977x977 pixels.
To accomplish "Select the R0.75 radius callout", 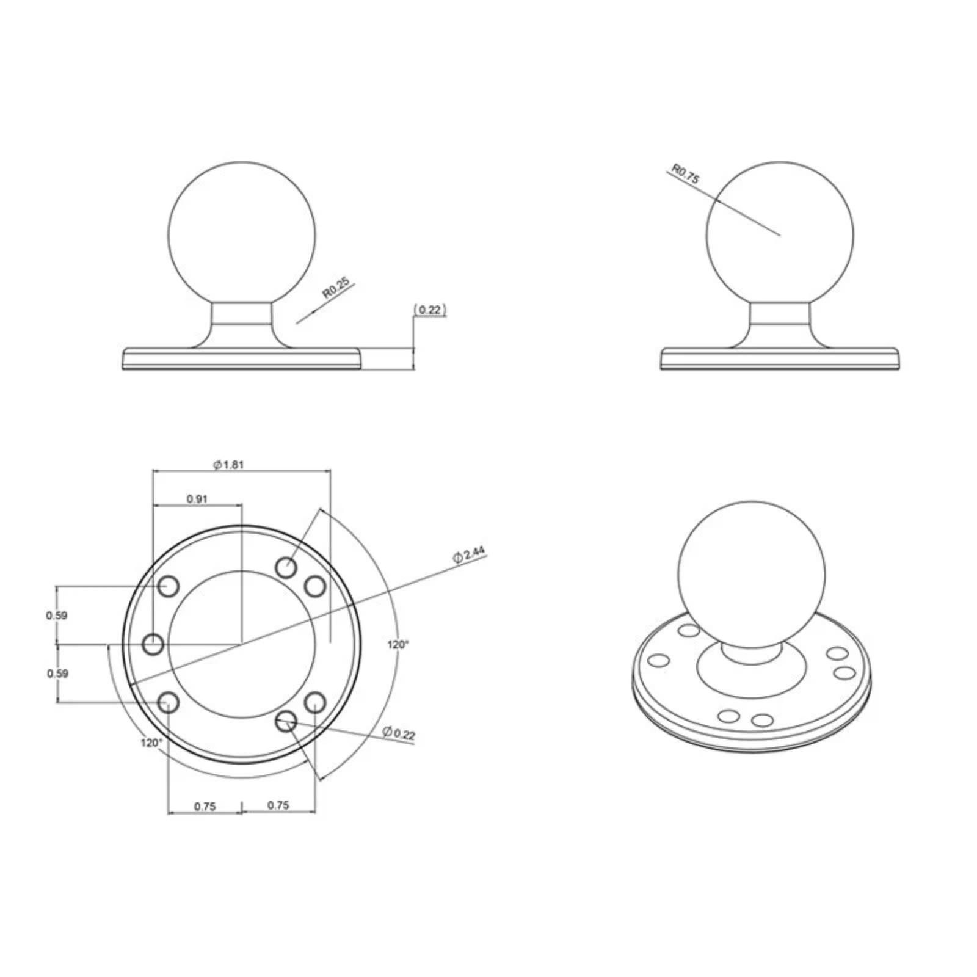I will [685, 174].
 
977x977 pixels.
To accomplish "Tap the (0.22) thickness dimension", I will [430, 310].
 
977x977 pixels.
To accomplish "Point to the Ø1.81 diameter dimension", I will [229, 465].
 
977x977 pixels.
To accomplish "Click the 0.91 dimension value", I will [197, 499].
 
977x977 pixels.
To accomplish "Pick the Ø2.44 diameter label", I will [468, 555].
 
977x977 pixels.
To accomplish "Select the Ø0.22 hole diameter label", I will [399, 733].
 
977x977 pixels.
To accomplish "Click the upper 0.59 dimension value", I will [56, 616].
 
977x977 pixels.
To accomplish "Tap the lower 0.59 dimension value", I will [57, 674].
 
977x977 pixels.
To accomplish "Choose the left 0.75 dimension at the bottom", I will [205, 807].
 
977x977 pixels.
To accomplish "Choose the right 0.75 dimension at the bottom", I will [278, 805].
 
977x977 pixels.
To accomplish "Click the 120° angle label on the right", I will [398, 644].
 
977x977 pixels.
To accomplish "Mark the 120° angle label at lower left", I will [152, 743].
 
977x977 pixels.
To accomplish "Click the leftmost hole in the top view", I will [153, 644].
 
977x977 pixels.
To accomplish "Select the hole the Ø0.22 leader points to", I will [285, 722].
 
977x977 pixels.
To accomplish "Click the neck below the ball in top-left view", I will [241, 318].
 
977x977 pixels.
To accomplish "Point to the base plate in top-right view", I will [780, 359].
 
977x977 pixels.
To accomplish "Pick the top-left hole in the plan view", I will [168, 586].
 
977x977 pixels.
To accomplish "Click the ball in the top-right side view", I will [780, 235].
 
